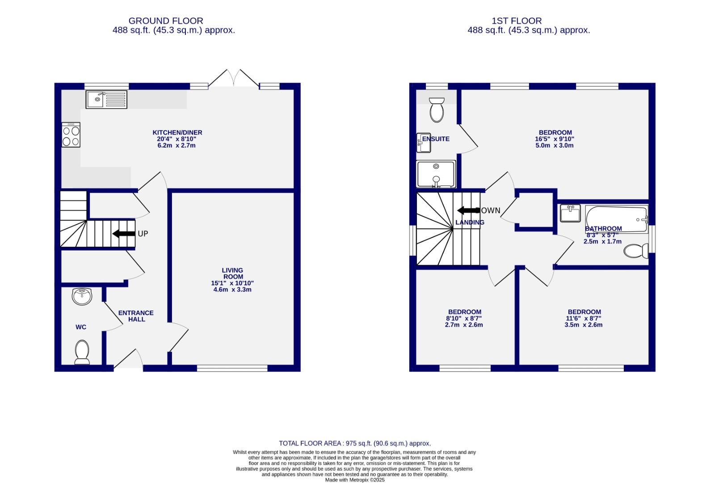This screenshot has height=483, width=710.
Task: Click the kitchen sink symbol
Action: click(107, 99)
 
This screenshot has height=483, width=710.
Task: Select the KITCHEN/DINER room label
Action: click(177, 132)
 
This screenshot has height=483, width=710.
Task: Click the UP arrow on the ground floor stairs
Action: click(124, 233)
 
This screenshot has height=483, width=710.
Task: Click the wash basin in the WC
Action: click(82, 296)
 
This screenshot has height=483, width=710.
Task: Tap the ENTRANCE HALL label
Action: click(136, 316)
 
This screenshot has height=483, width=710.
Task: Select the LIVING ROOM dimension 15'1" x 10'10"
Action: click(232, 283)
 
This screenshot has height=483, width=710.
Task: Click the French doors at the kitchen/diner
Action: click(234, 78)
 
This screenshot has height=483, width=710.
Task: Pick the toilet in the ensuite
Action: click(437, 109)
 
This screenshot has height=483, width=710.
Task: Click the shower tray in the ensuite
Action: click(436, 174)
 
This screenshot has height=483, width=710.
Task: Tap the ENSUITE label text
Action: click(436, 139)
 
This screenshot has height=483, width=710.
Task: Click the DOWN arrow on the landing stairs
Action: click(468, 210)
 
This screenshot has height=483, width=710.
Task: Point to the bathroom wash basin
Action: click(570, 213)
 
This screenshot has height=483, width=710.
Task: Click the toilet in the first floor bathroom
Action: click(636, 251)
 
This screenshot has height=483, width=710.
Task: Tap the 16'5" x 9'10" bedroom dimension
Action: click(555, 139)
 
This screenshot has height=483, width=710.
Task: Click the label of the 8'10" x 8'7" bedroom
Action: click(465, 312)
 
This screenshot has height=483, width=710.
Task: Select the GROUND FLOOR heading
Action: click(166, 21)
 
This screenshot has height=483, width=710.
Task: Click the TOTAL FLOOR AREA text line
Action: click(355, 443)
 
